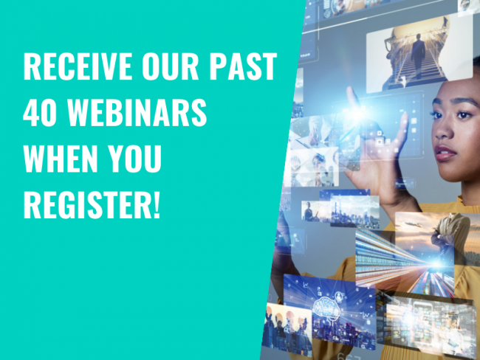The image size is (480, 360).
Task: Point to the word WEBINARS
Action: pyautogui.click(x=137, y=113)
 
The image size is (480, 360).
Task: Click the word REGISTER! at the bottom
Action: pyautogui.click(x=92, y=204)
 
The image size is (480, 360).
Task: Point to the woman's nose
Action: pyautogui.click(x=443, y=128)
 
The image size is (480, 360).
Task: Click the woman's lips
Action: pyautogui.click(x=445, y=153)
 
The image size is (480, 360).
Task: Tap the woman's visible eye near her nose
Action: pyautogui.click(x=464, y=115)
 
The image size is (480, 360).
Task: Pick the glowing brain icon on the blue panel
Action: pyautogui.click(x=326, y=308)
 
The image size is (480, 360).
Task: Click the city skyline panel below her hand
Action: pyautogui.click(x=354, y=211)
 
